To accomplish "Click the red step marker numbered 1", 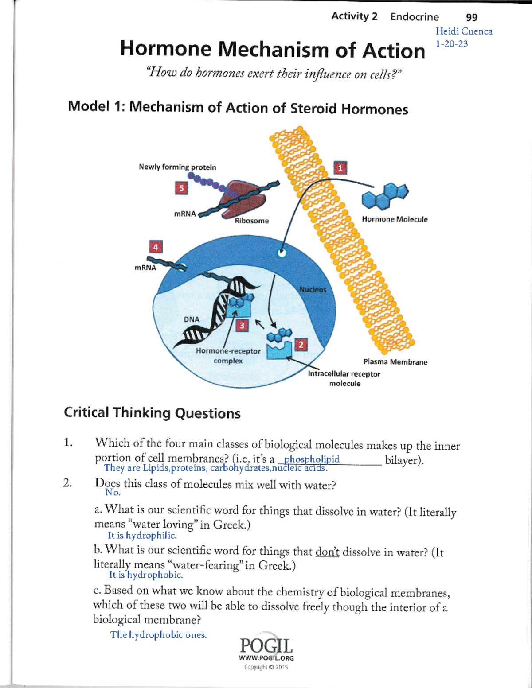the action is coord(340,168).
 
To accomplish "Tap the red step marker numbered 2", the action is coord(301,345).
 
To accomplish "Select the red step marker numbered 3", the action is coord(242,326).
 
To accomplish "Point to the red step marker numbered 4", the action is coord(156,247).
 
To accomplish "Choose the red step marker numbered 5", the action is coord(181,188).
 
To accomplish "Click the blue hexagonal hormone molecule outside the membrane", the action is coord(384,196).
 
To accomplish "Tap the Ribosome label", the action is coord(252,221).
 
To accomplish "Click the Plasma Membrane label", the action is coord(395,362).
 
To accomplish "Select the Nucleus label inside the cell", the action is coord(313,289).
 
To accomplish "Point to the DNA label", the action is coord(192,319).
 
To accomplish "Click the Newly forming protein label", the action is coord(177,167).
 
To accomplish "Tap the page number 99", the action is coord(472,17).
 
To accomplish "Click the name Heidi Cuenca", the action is coord(464,31).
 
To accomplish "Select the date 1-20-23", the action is coord(452,44).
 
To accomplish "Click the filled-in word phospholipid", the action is coord(312,459).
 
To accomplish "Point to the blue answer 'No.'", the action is coord(113,492).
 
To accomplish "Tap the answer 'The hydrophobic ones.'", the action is coord(158,635).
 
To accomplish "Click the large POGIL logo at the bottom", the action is coord(266,645).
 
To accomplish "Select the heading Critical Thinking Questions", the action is coord(152,413).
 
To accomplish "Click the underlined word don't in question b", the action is coord(327,552).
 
